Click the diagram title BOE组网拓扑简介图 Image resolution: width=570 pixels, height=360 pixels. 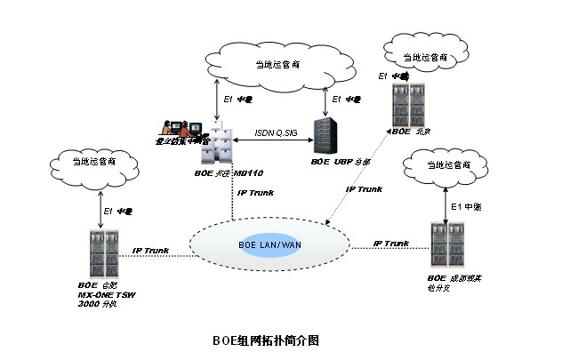pos(265,340)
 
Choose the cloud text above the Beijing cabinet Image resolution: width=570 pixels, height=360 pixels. pos(423,57)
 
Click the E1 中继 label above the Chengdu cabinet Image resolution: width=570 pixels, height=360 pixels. pos(468,206)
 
